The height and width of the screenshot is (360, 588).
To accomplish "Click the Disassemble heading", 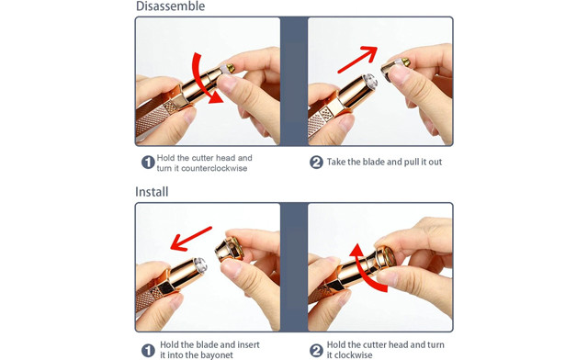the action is [x=170, y=6].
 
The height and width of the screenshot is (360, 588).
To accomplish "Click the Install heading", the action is [x=152, y=192].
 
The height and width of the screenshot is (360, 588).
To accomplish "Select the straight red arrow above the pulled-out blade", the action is [x=357, y=59].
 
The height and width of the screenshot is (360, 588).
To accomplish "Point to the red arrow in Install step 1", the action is [x=191, y=239].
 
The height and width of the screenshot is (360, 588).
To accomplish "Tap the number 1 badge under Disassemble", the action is [x=148, y=163].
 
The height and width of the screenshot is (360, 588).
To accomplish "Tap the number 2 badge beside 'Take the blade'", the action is [x=316, y=163].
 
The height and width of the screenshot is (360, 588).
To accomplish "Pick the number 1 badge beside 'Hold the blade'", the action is [x=148, y=350].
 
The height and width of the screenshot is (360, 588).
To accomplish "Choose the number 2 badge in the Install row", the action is [x=316, y=350].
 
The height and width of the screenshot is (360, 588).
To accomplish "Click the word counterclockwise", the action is [x=214, y=168].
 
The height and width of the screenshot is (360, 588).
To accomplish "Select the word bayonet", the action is [x=217, y=355].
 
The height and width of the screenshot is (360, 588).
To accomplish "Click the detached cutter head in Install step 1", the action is [x=230, y=248].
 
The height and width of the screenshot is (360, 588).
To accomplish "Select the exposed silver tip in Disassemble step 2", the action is [x=369, y=82].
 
